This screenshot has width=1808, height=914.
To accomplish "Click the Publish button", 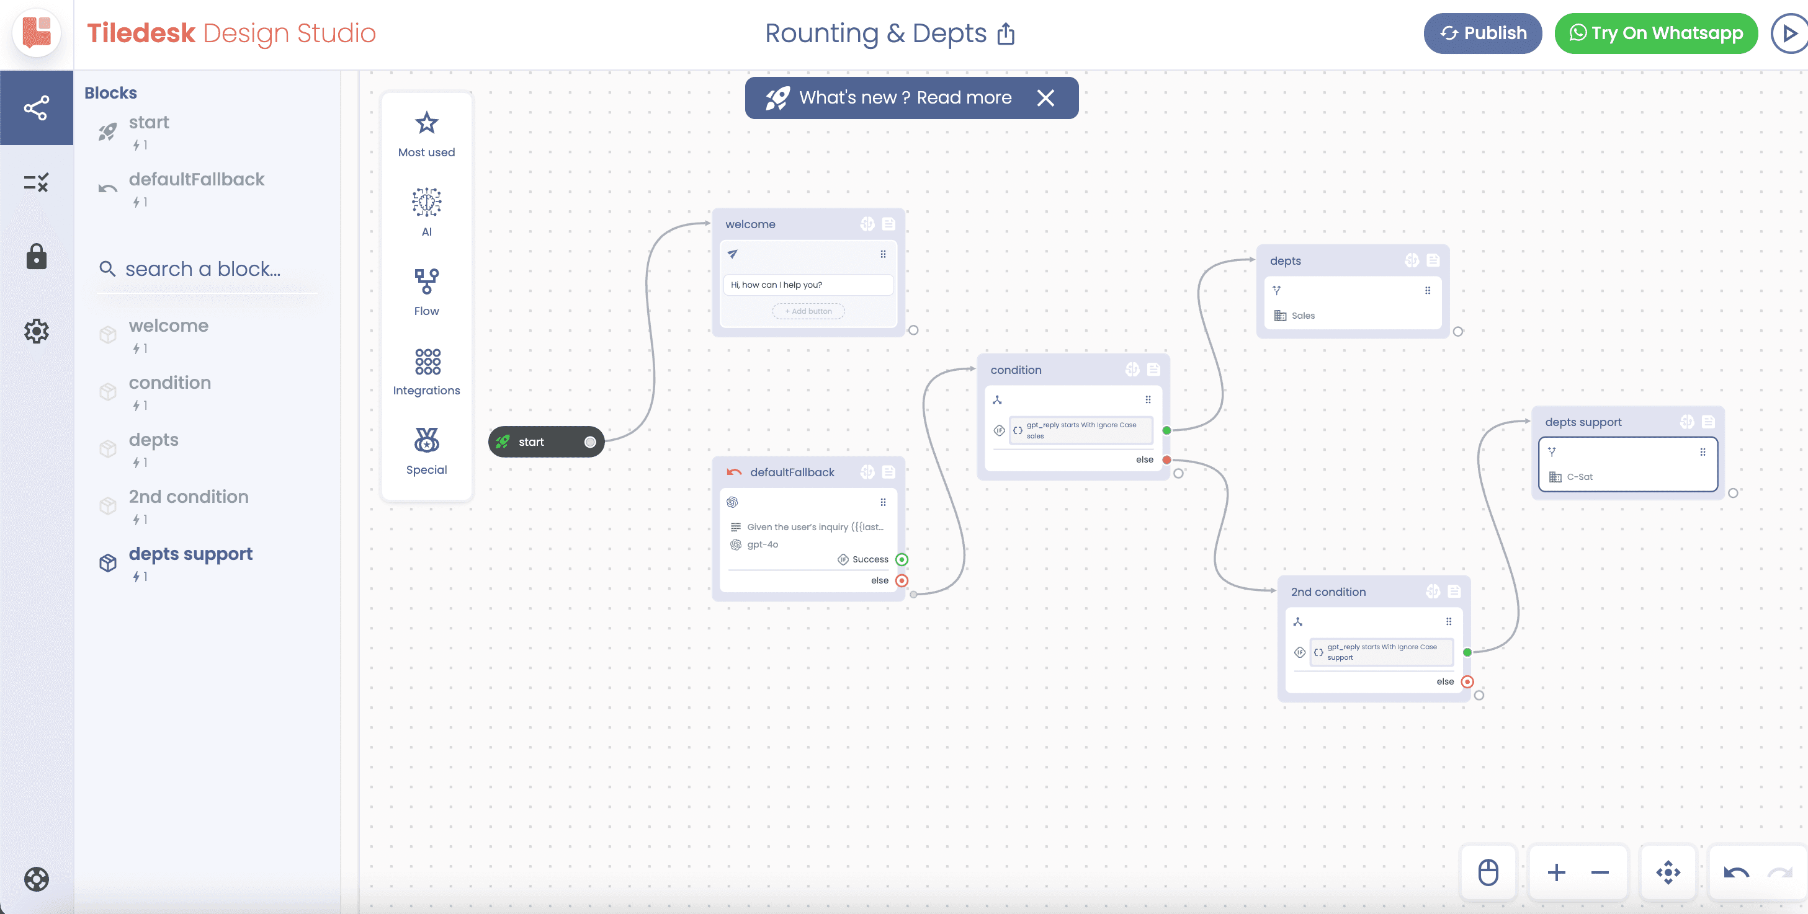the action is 1482,33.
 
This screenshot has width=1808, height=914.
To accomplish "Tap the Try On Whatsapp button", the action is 1656,33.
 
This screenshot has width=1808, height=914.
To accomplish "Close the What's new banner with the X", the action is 1045,97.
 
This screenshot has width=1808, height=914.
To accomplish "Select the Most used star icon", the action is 427,123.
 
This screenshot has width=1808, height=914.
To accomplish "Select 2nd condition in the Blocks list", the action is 188,497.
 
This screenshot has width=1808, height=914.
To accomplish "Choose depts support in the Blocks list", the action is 190,554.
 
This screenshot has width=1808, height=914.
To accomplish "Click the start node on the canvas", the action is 546,442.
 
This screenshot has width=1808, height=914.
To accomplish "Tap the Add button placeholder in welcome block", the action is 808,311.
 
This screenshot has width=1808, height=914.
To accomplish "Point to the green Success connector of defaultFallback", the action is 902,560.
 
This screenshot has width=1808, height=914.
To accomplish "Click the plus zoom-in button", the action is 1557,872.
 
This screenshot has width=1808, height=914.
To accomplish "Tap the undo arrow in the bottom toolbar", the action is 1737,872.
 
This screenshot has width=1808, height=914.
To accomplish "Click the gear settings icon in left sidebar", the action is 37,331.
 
